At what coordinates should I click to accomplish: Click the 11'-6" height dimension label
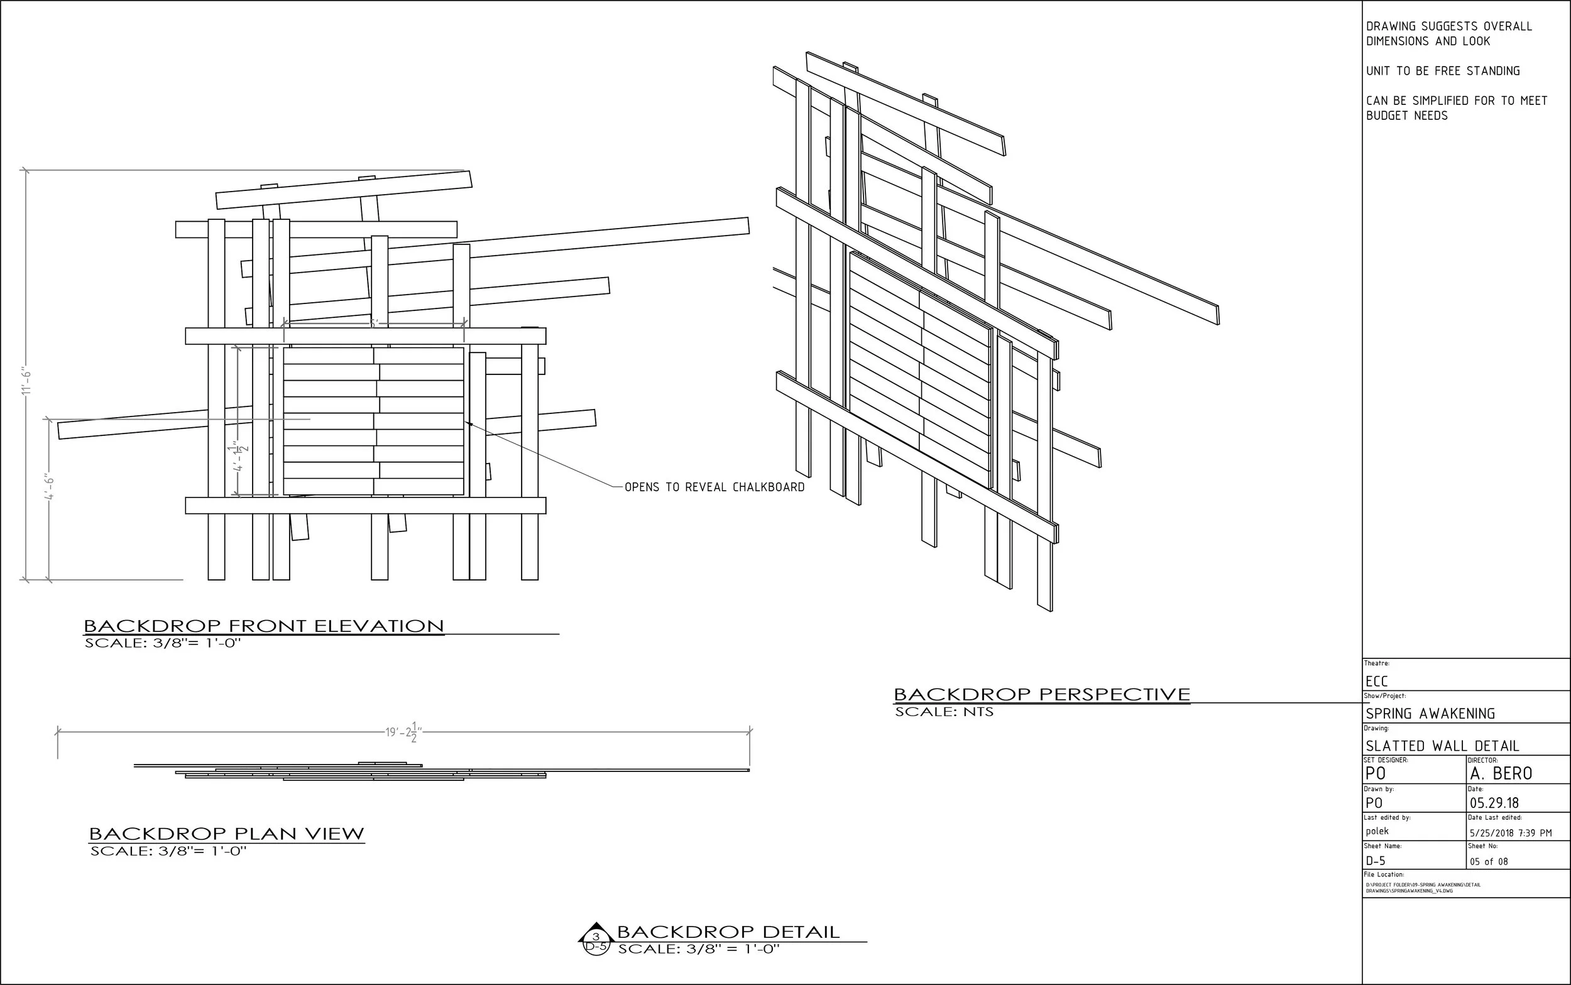point(26,382)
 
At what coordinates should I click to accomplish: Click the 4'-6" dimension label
point(50,487)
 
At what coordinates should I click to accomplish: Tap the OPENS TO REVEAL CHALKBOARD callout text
point(714,487)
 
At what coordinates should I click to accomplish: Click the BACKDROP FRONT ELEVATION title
point(264,627)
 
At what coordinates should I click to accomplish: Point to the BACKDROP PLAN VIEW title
point(226,834)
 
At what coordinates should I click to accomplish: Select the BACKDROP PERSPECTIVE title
point(1041,694)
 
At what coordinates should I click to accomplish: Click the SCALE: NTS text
point(943,712)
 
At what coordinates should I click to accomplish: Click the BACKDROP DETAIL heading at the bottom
point(728,932)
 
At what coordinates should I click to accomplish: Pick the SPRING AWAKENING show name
point(1430,714)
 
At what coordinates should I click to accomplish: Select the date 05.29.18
point(1494,803)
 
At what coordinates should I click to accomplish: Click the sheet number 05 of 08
point(1489,862)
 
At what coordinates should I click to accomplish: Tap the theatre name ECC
point(1377,682)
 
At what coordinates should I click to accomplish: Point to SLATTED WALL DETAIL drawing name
point(1443,746)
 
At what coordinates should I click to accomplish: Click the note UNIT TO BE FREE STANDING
point(1443,71)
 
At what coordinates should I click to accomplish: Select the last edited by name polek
point(1377,831)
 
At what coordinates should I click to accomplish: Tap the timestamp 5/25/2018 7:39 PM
point(1511,833)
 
